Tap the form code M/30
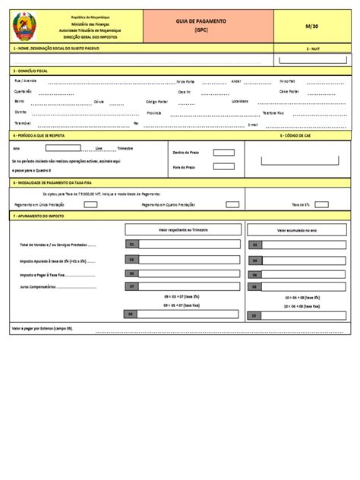311,26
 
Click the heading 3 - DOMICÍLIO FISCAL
31,70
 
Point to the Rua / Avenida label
26,81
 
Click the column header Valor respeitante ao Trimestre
183,229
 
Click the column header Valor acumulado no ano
297,229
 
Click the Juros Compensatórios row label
46,286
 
